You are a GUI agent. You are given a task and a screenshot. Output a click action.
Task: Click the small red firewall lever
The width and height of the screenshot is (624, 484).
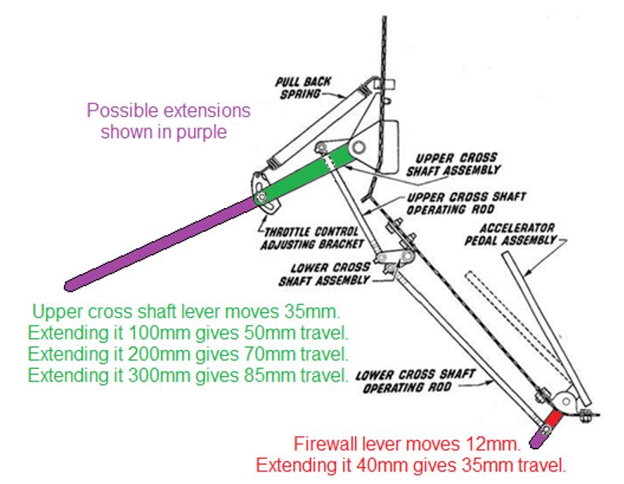coord(555,418)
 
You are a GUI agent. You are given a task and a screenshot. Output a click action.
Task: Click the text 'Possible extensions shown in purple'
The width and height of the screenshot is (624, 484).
coord(168,121)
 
